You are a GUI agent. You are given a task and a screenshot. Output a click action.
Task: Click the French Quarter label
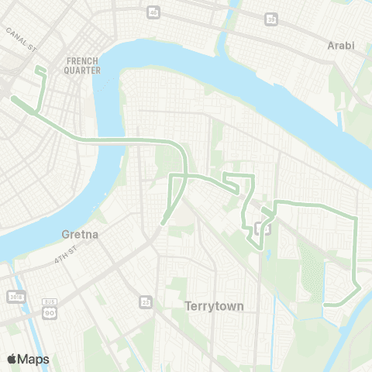pos(84,65)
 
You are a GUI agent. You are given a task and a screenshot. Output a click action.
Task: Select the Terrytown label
pos(215,306)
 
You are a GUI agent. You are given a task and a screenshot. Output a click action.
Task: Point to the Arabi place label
pos(341,46)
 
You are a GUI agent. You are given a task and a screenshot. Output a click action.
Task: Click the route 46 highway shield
pos(153,12)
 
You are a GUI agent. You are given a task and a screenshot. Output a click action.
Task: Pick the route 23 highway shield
pos(144,301)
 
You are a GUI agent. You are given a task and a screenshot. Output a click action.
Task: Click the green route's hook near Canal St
pos(40,71)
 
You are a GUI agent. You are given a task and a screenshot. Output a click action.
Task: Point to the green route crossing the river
pos(108,140)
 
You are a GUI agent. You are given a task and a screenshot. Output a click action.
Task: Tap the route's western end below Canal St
pos(14,98)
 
